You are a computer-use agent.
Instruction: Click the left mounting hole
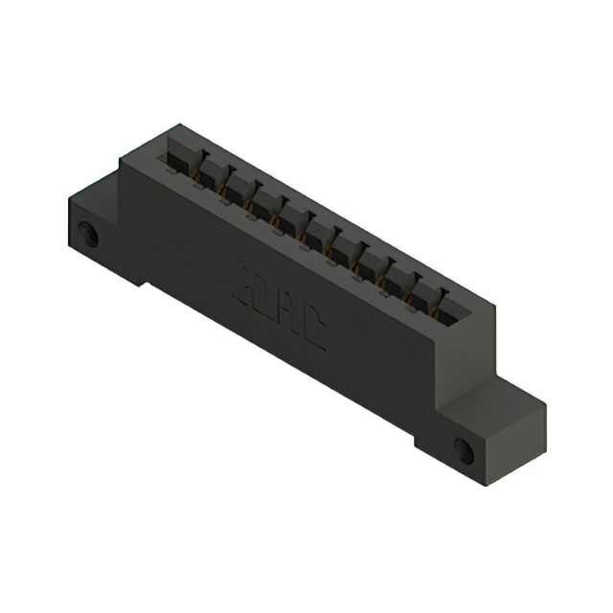point(88,233)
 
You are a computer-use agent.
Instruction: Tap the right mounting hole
point(465,448)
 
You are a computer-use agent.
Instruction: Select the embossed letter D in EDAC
point(266,301)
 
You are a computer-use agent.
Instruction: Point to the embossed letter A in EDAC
point(289,315)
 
